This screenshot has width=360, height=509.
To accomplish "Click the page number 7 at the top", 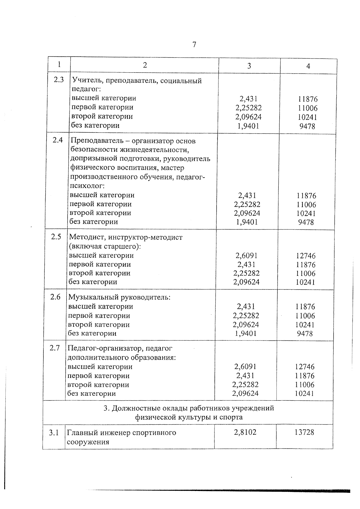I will point(194,45).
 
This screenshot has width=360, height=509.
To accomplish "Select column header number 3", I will point(249,66).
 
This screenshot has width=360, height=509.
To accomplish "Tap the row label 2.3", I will point(59,80).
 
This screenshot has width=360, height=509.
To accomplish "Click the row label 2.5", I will point(56,237).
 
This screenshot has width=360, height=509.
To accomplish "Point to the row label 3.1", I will point(54,433).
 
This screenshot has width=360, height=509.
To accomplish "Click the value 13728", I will point(304,432).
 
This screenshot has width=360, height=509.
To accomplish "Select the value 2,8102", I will point(245,432).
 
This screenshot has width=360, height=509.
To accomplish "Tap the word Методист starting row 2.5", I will point(86,237).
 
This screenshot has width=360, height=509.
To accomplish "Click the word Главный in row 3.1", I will point(79,433).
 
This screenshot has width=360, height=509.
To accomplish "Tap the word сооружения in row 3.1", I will point(88,442).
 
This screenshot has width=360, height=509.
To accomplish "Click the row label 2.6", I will point(55,297).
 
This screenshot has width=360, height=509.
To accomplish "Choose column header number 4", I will point(308,66).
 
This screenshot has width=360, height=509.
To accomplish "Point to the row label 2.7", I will point(55,348).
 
